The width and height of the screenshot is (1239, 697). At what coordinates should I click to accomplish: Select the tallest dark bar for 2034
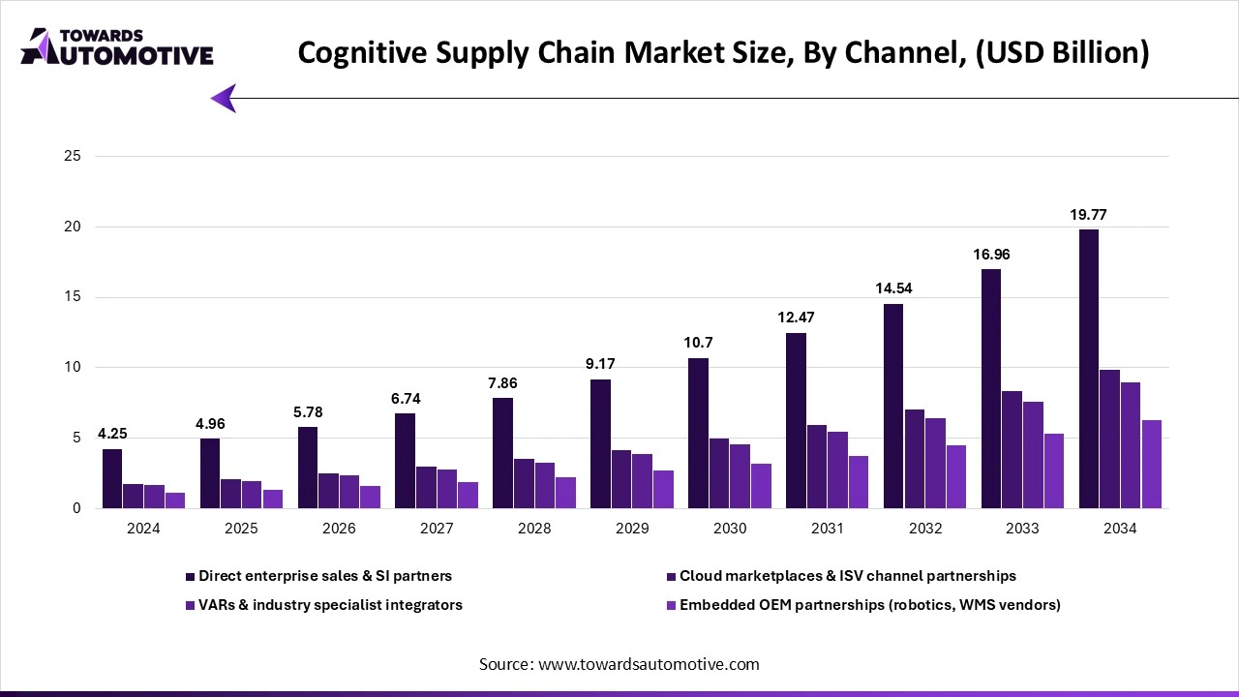(x=1088, y=369)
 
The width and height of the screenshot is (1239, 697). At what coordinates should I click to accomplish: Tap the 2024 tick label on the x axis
(x=143, y=529)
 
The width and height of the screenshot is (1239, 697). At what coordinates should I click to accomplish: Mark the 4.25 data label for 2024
(x=113, y=434)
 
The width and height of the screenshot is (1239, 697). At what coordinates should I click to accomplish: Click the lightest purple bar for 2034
(x=1151, y=464)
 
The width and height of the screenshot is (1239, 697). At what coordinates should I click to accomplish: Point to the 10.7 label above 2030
(x=698, y=343)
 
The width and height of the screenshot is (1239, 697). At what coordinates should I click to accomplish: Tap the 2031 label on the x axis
(x=827, y=529)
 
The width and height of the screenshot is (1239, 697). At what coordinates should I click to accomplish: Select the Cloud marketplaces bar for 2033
(x=1012, y=449)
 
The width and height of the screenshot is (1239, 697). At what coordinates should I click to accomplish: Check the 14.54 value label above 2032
(x=892, y=288)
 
